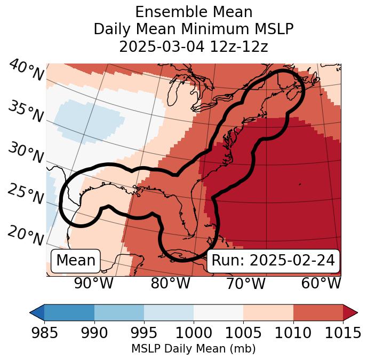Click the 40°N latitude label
pos(26,71)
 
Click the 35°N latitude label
pos(26,111)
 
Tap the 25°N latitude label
pos(26,194)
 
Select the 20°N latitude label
pos(26,235)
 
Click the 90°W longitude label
pos(94,283)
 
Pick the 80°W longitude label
pos(170,283)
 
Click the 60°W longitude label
pos(321,283)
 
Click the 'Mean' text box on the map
pos(76,261)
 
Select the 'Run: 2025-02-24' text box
pos(273,261)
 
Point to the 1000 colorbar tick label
pos(194,333)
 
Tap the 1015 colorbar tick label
pos(342,333)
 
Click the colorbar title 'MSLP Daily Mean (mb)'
pos(193,349)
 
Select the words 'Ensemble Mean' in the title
pos(193,12)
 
